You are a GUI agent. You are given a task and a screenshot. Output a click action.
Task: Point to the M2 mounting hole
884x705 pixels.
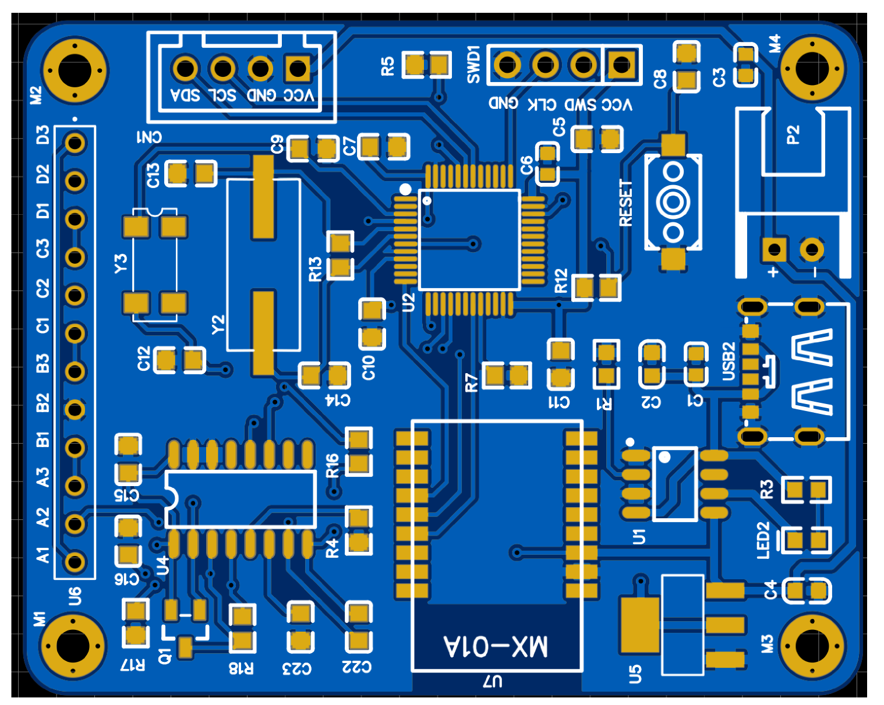(x=75, y=70)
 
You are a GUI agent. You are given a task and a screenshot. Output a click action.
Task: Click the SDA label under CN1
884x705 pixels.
(x=186, y=95)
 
